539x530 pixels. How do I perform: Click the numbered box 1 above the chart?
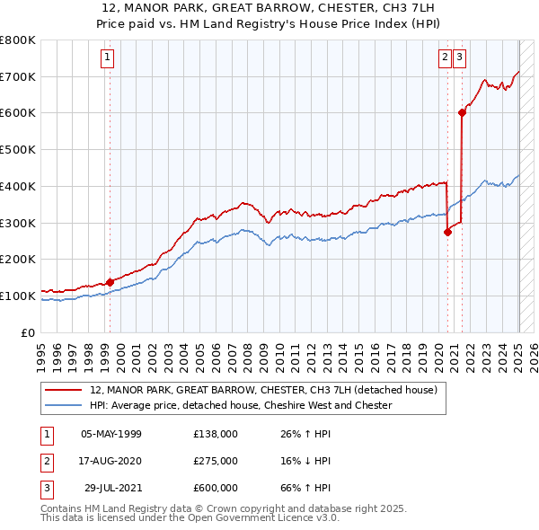click(x=107, y=57)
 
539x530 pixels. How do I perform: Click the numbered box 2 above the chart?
click(x=445, y=57)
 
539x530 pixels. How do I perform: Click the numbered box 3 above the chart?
click(x=459, y=57)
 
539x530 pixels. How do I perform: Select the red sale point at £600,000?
click(x=462, y=112)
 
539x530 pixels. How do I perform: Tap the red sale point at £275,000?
click(x=447, y=231)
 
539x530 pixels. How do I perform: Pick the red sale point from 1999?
click(x=110, y=281)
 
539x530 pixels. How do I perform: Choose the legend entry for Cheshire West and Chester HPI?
click(x=242, y=405)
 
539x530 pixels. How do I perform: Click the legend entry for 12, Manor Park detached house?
click(x=263, y=391)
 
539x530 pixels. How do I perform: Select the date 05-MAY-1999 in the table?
click(x=111, y=434)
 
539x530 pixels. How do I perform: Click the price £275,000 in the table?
click(x=216, y=461)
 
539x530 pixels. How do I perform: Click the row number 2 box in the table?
click(x=46, y=461)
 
